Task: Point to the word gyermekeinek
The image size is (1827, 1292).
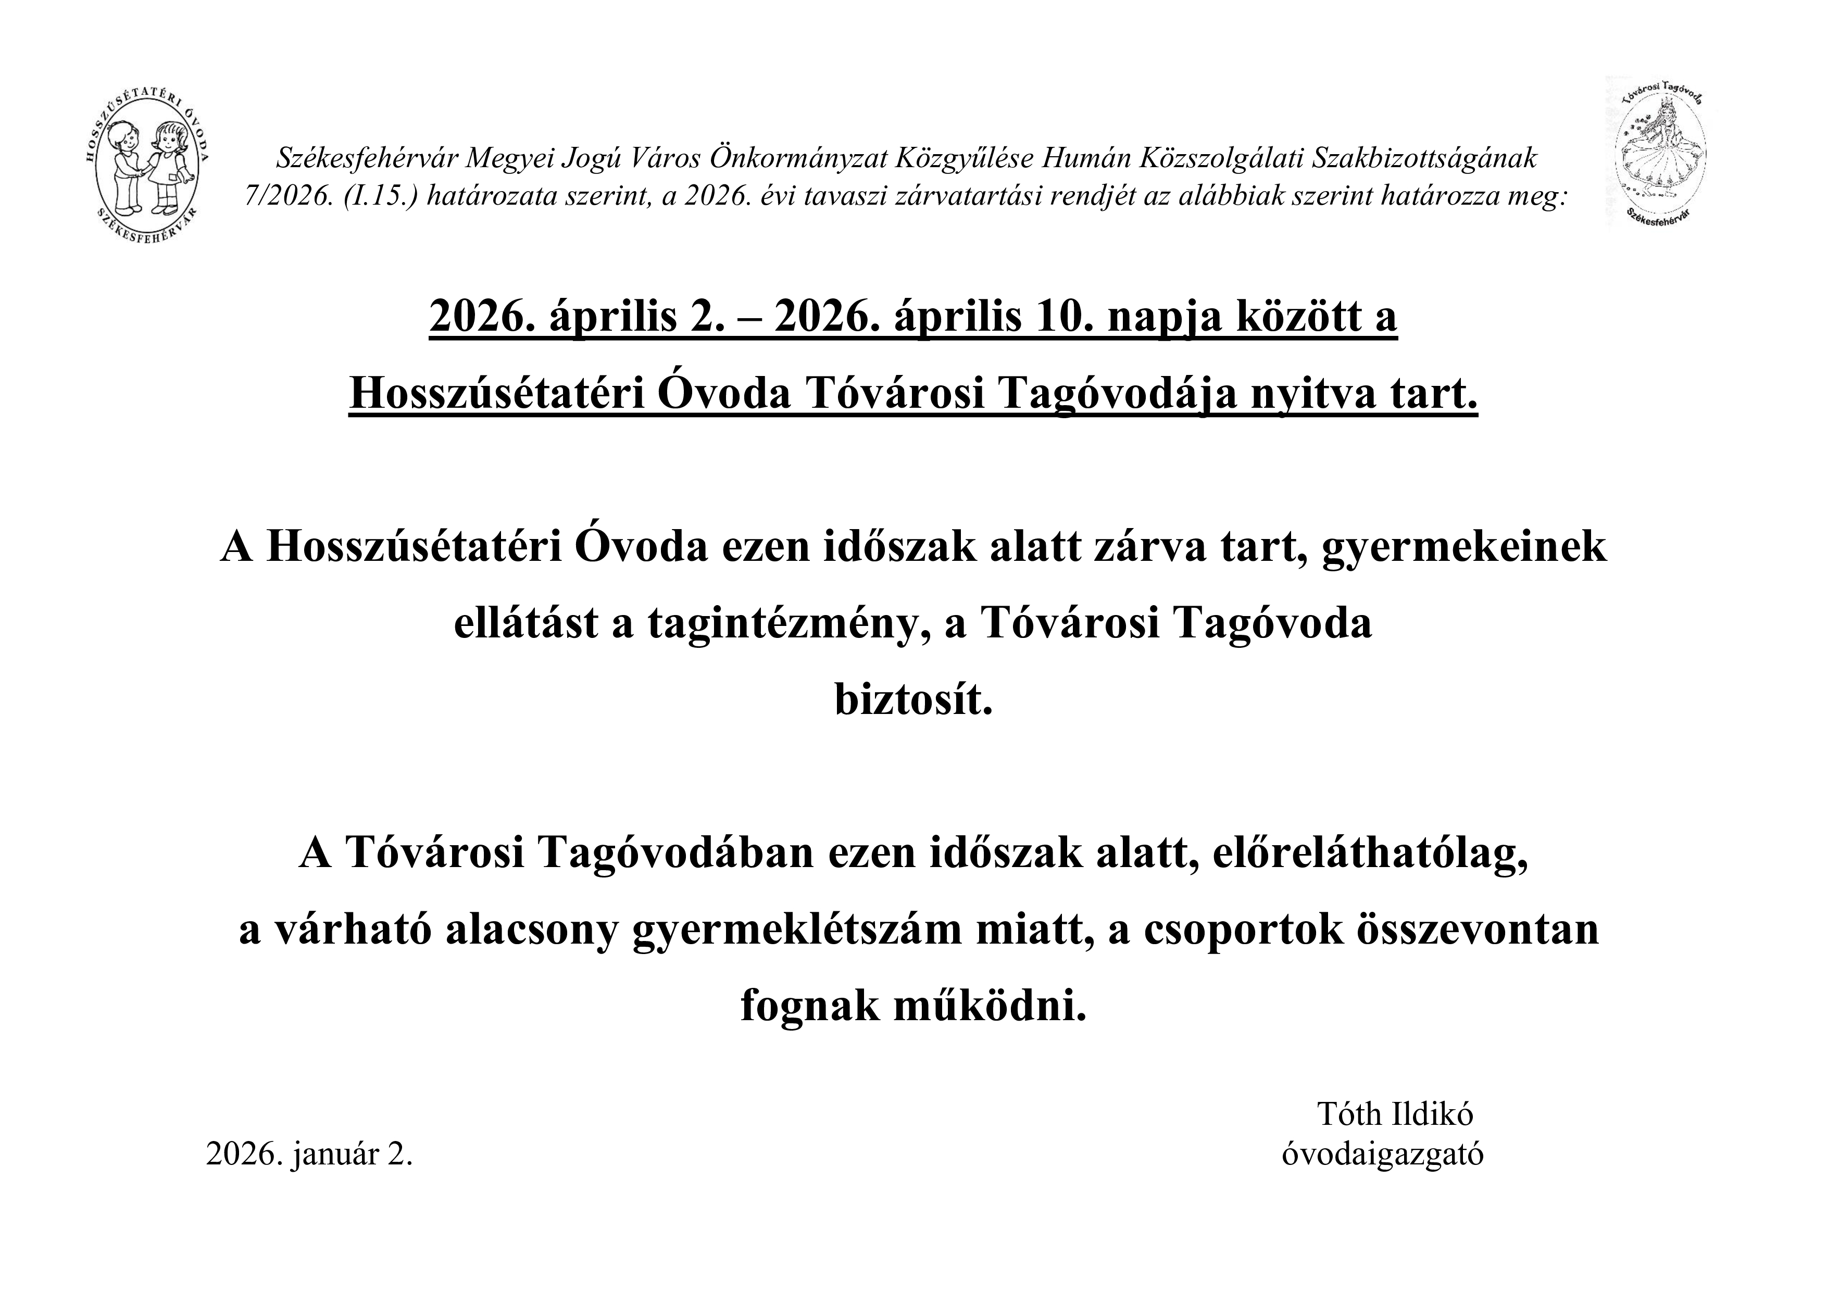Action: pyautogui.click(x=1464, y=547)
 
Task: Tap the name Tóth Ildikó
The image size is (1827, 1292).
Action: pyautogui.click(x=1395, y=1114)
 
